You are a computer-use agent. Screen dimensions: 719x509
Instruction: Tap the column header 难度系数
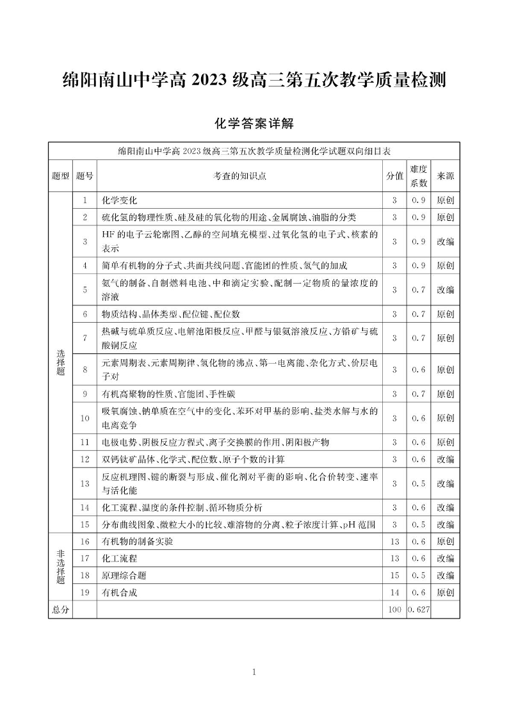pyautogui.click(x=419, y=176)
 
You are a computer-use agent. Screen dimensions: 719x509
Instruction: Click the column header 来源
pyautogui.click(x=446, y=176)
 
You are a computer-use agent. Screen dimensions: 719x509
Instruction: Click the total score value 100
pyautogui.click(x=394, y=610)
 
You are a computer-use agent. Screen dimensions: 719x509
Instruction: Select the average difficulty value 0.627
pyautogui.click(x=419, y=610)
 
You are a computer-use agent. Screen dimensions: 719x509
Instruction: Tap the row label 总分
pyautogui.click(x=60, y=610)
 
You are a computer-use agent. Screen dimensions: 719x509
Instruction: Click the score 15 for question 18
pyautogui.click(x=394, y=576)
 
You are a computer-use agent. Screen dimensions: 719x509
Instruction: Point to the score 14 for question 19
pyautogui.click(x=394, y=593)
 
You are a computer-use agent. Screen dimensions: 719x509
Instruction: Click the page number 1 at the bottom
pyautogui.click(x=254, y=672)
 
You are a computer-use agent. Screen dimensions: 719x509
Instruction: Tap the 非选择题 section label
pyautogui.click(x=61, y=567)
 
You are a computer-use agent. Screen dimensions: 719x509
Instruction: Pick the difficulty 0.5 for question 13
pyautogui.click(x=419, y=483)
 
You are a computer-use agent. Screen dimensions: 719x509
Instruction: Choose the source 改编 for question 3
pyautogui.click(x=446, y=241)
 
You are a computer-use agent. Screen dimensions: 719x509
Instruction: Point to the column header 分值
pyautogui.click(x=394, y=176)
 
